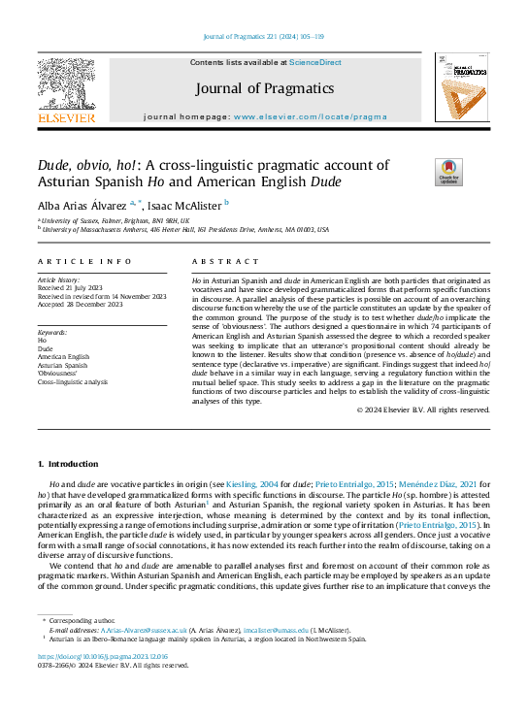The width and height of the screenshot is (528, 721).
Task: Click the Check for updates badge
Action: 447,172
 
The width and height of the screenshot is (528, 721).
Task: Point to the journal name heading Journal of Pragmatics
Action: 264,88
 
